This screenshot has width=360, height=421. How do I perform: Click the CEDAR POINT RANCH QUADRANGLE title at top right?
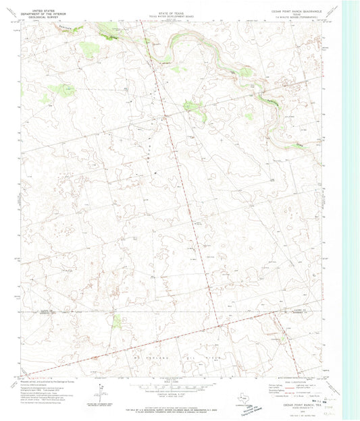[294, 5]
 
